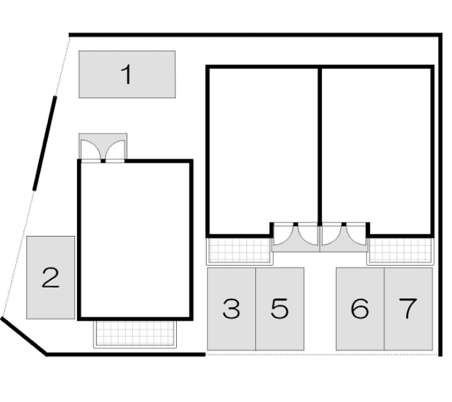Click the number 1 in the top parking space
click(x=127, y=73)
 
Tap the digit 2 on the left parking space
click(x=50, y=278)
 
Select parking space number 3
click(x=231, y=309)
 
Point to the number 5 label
click(x=279, y=309)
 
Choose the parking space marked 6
click(x=360, y=309)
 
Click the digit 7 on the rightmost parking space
click(x=408, y=309)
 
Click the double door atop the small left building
click(x=103, y=150)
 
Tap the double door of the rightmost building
click(x=343, y=236)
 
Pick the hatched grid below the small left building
click(x=134, y=333)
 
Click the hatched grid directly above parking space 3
click(x=239, y=250)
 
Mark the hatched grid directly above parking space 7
click(x=400, y=250)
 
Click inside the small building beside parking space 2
click(x=134, y=240)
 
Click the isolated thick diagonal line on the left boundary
click(x=44, y=142)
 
